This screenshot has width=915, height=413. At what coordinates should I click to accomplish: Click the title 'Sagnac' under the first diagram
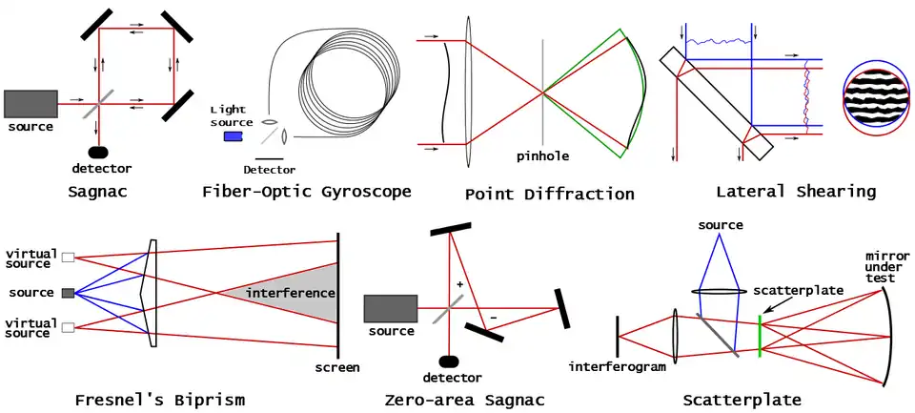tap(97, 192)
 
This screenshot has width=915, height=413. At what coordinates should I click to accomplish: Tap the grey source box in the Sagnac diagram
tap(30, 103)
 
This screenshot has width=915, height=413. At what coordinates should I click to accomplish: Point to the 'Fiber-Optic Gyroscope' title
tap(307, 192)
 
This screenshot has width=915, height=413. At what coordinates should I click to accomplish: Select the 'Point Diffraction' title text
tap(549, 194)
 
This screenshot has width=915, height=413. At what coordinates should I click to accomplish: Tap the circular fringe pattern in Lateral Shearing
tap(876, 103)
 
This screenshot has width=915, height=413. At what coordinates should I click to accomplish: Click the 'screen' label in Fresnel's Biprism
tap(337, 367)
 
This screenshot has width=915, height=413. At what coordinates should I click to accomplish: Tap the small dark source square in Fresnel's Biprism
tap(68, 292)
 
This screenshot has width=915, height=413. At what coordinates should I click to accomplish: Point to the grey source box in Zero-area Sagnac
tap(391, 308)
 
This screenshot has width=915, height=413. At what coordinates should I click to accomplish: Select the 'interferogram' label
tap(617, 366)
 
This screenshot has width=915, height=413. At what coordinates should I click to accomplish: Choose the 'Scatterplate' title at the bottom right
tap(742, 400)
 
